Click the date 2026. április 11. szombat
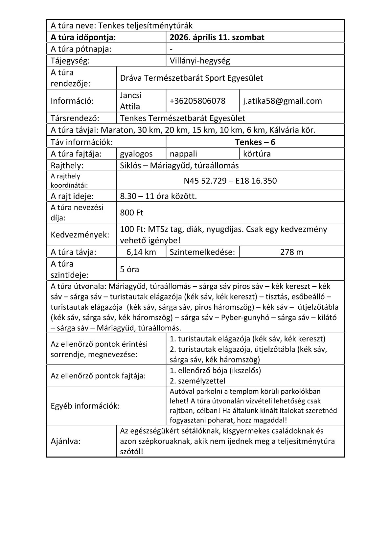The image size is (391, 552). click(x=217, y=37)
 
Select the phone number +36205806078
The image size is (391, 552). click(x=197, y=101)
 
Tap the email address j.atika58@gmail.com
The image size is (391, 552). click(x=282, y=101)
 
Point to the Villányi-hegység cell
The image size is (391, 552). click(x=200, y=61)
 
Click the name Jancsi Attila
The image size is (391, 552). click(x=130, y=101)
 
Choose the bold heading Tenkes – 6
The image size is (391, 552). click(x=255, y=142)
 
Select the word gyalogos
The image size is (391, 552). click(x=136, y=154)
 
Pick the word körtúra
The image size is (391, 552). click(x=257, y=154)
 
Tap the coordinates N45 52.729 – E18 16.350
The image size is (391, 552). click(x=230, y=181)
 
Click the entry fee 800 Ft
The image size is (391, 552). click(x=132, y=213)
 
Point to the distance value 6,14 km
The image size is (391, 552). click(x=141, y=252)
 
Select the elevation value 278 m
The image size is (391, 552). click(x=291, y=252)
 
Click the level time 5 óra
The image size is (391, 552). click(x=129, y=270)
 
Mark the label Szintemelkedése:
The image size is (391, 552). click(x=202, y=252)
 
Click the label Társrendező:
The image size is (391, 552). click(x=75, y=118)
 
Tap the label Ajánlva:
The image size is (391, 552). click(x=65, y=441)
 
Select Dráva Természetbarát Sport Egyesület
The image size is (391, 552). click(x=192, y=78)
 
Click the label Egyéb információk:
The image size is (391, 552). click(x=85, y=406)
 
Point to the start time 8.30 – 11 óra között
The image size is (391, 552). click(x=158, y=196)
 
